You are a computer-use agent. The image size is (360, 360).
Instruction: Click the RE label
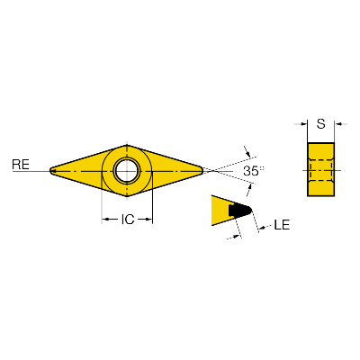click(21, 165)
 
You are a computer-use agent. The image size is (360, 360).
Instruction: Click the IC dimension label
click(128, 220)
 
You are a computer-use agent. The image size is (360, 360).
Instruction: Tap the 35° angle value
click(253, 171)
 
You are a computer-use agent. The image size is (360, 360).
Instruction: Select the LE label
click(282, 225)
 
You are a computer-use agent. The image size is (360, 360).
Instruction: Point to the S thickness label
click(321, 123)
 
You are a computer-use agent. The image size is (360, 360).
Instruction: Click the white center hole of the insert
click(126, 171)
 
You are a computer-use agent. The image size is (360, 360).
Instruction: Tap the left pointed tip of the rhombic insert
click(49, 171)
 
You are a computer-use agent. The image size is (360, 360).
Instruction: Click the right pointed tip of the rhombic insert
click(203, 170)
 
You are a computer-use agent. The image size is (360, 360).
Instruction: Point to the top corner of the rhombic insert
click(127, 145)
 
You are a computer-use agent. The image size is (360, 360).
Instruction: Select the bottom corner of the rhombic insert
click(127, 197)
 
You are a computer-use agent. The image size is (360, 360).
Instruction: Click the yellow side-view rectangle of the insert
click(320, 169)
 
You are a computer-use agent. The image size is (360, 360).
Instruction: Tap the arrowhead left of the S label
click(304, 124)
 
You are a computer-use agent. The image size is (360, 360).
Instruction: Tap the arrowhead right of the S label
click(337, 124)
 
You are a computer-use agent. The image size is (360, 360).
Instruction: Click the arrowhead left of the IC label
click(104, 220)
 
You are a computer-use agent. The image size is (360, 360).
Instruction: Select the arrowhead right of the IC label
click(149, 220)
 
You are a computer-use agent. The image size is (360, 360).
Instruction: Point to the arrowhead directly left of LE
click(262, 229)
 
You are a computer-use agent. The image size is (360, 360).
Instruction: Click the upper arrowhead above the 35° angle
click(247, 154)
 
